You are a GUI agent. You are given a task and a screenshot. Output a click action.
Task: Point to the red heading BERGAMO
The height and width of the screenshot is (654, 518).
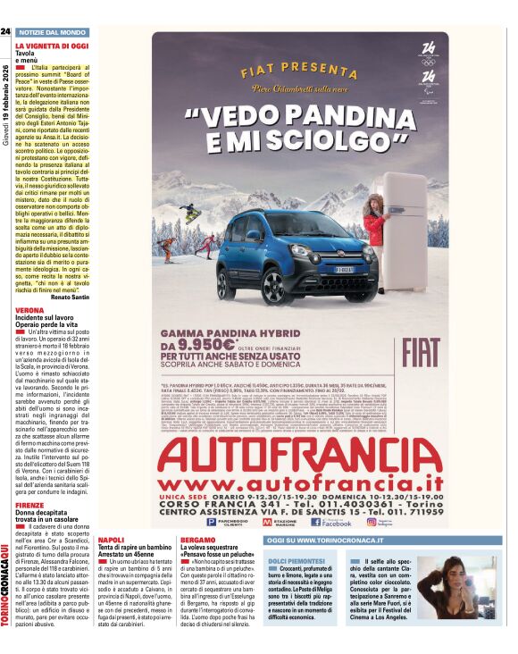point(197,541)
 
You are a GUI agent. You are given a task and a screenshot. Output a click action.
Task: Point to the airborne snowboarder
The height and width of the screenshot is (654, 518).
point(190,213)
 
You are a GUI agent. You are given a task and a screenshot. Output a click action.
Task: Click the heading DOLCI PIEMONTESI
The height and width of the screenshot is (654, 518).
point(293,558)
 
